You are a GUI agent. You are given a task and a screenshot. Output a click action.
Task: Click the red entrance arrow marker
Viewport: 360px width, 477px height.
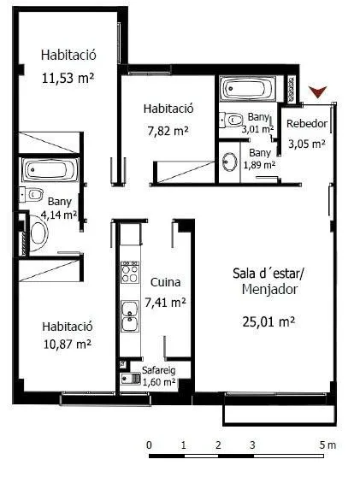tap(317, 91)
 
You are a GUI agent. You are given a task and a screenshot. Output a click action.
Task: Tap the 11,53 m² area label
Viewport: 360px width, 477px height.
tap(68, 78)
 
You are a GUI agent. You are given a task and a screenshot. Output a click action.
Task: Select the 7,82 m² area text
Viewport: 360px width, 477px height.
tap(168, 131)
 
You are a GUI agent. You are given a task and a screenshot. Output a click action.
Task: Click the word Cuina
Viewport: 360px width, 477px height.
tap(165, 282)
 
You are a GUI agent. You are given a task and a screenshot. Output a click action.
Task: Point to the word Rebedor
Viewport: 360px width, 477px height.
tap(307, 124)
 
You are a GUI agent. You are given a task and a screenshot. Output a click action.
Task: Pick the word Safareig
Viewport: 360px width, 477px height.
tap(158, 370)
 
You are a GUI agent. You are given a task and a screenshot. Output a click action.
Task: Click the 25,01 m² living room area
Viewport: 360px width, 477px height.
tap(269, 321)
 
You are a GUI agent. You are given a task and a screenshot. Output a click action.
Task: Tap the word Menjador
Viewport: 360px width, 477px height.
tap(269, 289)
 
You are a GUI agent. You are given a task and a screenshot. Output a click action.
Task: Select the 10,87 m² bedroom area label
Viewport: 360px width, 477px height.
tap(68, 344)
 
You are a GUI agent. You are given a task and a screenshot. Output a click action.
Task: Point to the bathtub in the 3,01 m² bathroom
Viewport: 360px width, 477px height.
tap(248, 89)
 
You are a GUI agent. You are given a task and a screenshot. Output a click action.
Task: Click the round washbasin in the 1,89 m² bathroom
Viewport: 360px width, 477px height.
tap(230, 162)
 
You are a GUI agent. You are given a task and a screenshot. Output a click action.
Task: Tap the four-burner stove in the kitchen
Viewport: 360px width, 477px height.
tap(130, 272)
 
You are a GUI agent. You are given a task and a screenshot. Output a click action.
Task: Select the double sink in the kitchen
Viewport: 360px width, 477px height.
tap(130, 316)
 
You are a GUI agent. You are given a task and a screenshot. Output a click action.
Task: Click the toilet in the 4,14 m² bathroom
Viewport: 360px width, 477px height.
tap(31, 195)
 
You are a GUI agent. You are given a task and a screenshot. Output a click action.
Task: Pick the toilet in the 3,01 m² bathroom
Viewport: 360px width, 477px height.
tap(231, 120)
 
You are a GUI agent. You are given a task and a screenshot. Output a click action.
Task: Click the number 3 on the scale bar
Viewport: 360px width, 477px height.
tap(252, 445)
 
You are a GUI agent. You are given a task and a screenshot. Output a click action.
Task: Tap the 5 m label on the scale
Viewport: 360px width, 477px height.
tap(328, 445)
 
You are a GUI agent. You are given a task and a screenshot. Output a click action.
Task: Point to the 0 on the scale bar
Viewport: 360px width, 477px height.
tap(149, 445)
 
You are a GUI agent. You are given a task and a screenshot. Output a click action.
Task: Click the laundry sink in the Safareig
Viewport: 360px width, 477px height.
tap(131, 379)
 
